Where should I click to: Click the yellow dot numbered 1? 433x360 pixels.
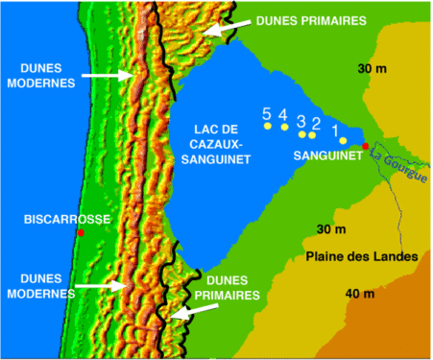coord(343,140)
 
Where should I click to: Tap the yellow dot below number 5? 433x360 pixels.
coord(268,126)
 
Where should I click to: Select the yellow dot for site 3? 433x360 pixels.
coord(301,133)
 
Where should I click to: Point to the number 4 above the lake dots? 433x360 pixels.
coord(283,114)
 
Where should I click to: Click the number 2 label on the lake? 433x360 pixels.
coord(316,123)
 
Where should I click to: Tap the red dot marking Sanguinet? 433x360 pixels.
coord(365,146)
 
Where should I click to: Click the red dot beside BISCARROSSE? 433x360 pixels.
coord(82,233)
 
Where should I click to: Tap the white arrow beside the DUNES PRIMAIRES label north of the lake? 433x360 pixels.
coord(222,30)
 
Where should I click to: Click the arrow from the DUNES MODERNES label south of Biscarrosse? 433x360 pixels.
coord(101,285)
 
